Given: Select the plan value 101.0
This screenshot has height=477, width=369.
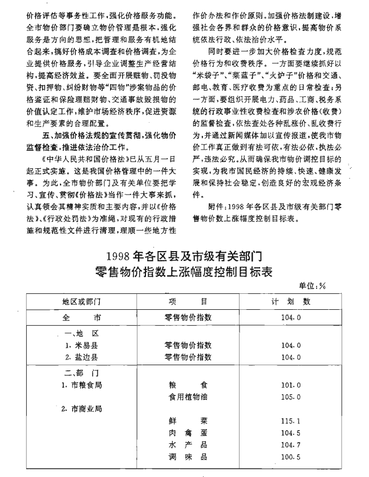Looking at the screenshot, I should tap(291, 385).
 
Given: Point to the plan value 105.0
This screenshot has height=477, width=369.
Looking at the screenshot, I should tap(291, 396).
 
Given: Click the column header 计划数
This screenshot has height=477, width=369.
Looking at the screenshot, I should tap(291, 301).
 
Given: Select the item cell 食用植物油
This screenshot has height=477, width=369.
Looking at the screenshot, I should tap(188, 396).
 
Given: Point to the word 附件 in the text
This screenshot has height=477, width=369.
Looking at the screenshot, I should tap(218, 207).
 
